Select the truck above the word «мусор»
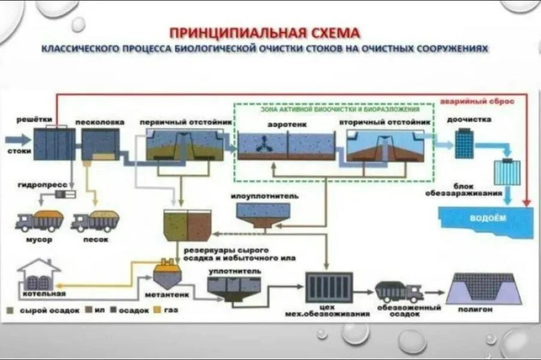point(39,221)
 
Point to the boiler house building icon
point(39,275)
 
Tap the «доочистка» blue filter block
point(464,145)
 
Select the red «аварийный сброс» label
point(477,101)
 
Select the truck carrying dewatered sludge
point(399,291)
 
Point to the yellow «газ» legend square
point(157,310)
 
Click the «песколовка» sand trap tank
point(100,145)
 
